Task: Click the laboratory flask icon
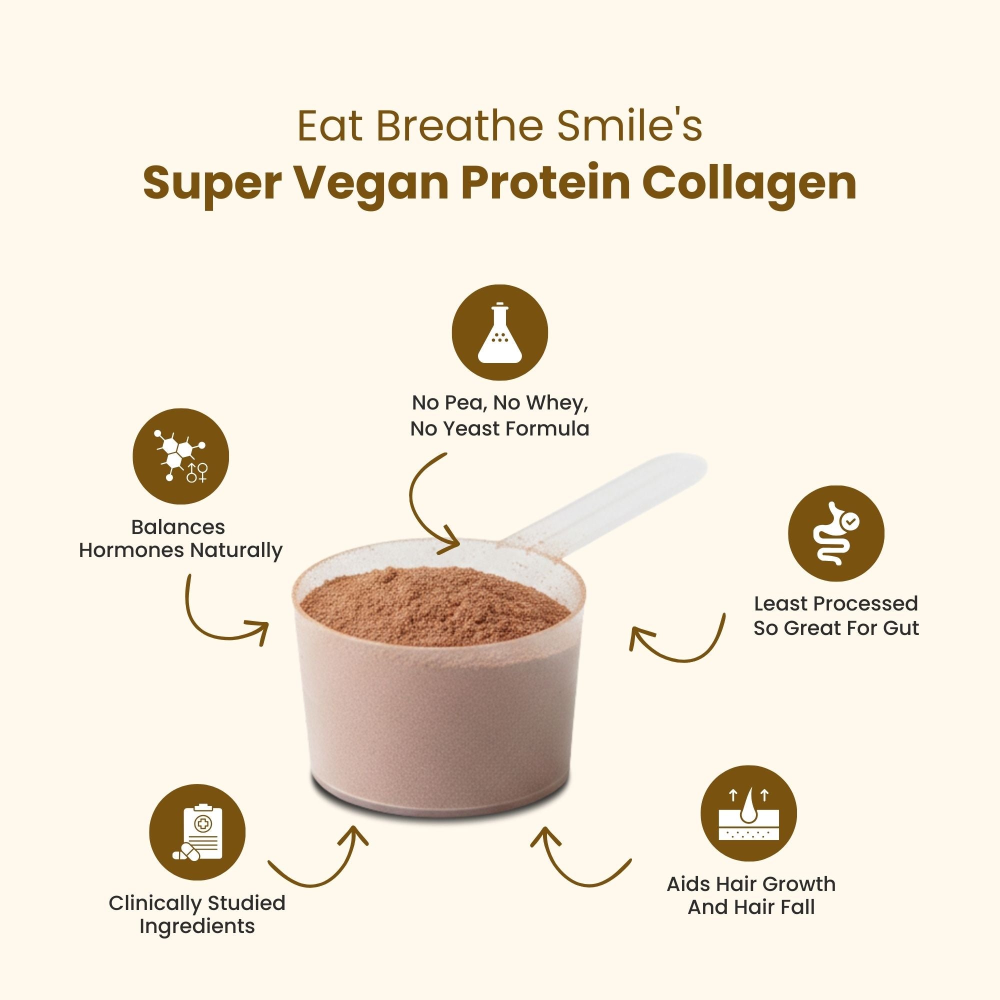pos(499,332)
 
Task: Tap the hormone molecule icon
pos(180,456)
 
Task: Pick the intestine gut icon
pos(836,533)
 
